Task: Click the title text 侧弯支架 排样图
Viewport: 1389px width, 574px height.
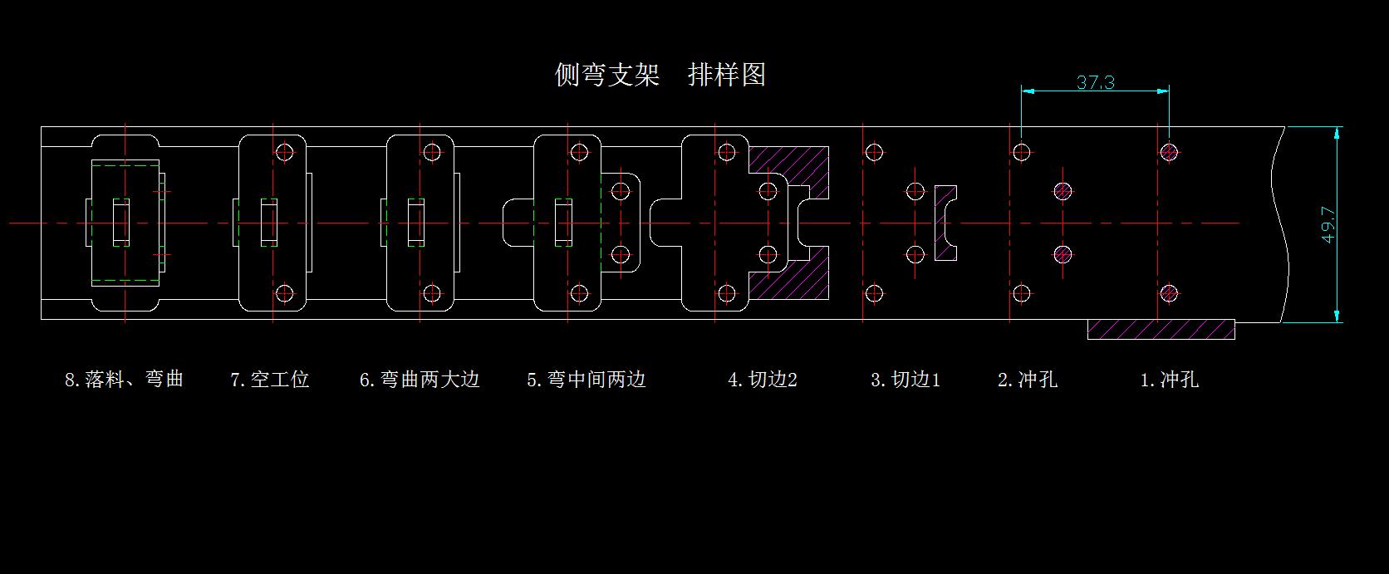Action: click(x=660, y=75)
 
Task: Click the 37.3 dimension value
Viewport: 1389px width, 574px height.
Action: click(x=1095, y=82)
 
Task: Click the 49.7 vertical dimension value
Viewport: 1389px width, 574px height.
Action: click(x=1328, y=224)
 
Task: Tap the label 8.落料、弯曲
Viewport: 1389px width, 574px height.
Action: click(x=124, y=380)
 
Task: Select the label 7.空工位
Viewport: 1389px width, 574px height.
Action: click(x=269, y=380)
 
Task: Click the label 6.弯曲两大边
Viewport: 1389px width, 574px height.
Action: click(x=420, y=380)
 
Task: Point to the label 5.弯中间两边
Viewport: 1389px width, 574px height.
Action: click(x=586, y=380)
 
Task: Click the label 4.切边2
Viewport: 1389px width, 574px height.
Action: click(x=762, y=380)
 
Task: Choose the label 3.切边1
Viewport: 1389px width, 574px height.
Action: click(x=905, y=380)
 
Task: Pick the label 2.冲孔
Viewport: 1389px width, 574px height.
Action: click(x=1027, y=380)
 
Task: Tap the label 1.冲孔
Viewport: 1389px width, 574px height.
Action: click(x=1169, y=380)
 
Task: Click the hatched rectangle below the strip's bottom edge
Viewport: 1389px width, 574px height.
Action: click(x=1161, y=329)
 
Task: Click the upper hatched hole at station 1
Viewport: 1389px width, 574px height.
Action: click(x=1169, y=152)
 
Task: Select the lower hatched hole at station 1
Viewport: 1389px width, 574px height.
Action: click(x=1169, y=293)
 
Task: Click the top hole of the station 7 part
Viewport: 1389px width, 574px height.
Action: click(x=285, y=152)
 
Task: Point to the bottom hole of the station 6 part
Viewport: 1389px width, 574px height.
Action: click(x=431, y=293)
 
